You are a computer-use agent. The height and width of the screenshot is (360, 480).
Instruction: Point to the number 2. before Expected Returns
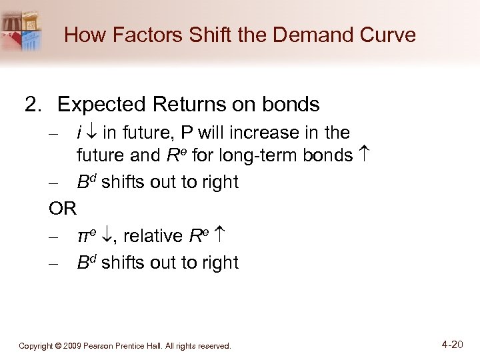34,105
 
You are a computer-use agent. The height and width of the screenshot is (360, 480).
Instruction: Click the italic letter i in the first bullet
80,133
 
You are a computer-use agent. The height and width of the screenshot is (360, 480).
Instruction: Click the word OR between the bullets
63,209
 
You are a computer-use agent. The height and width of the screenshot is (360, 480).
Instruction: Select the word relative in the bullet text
153,236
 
